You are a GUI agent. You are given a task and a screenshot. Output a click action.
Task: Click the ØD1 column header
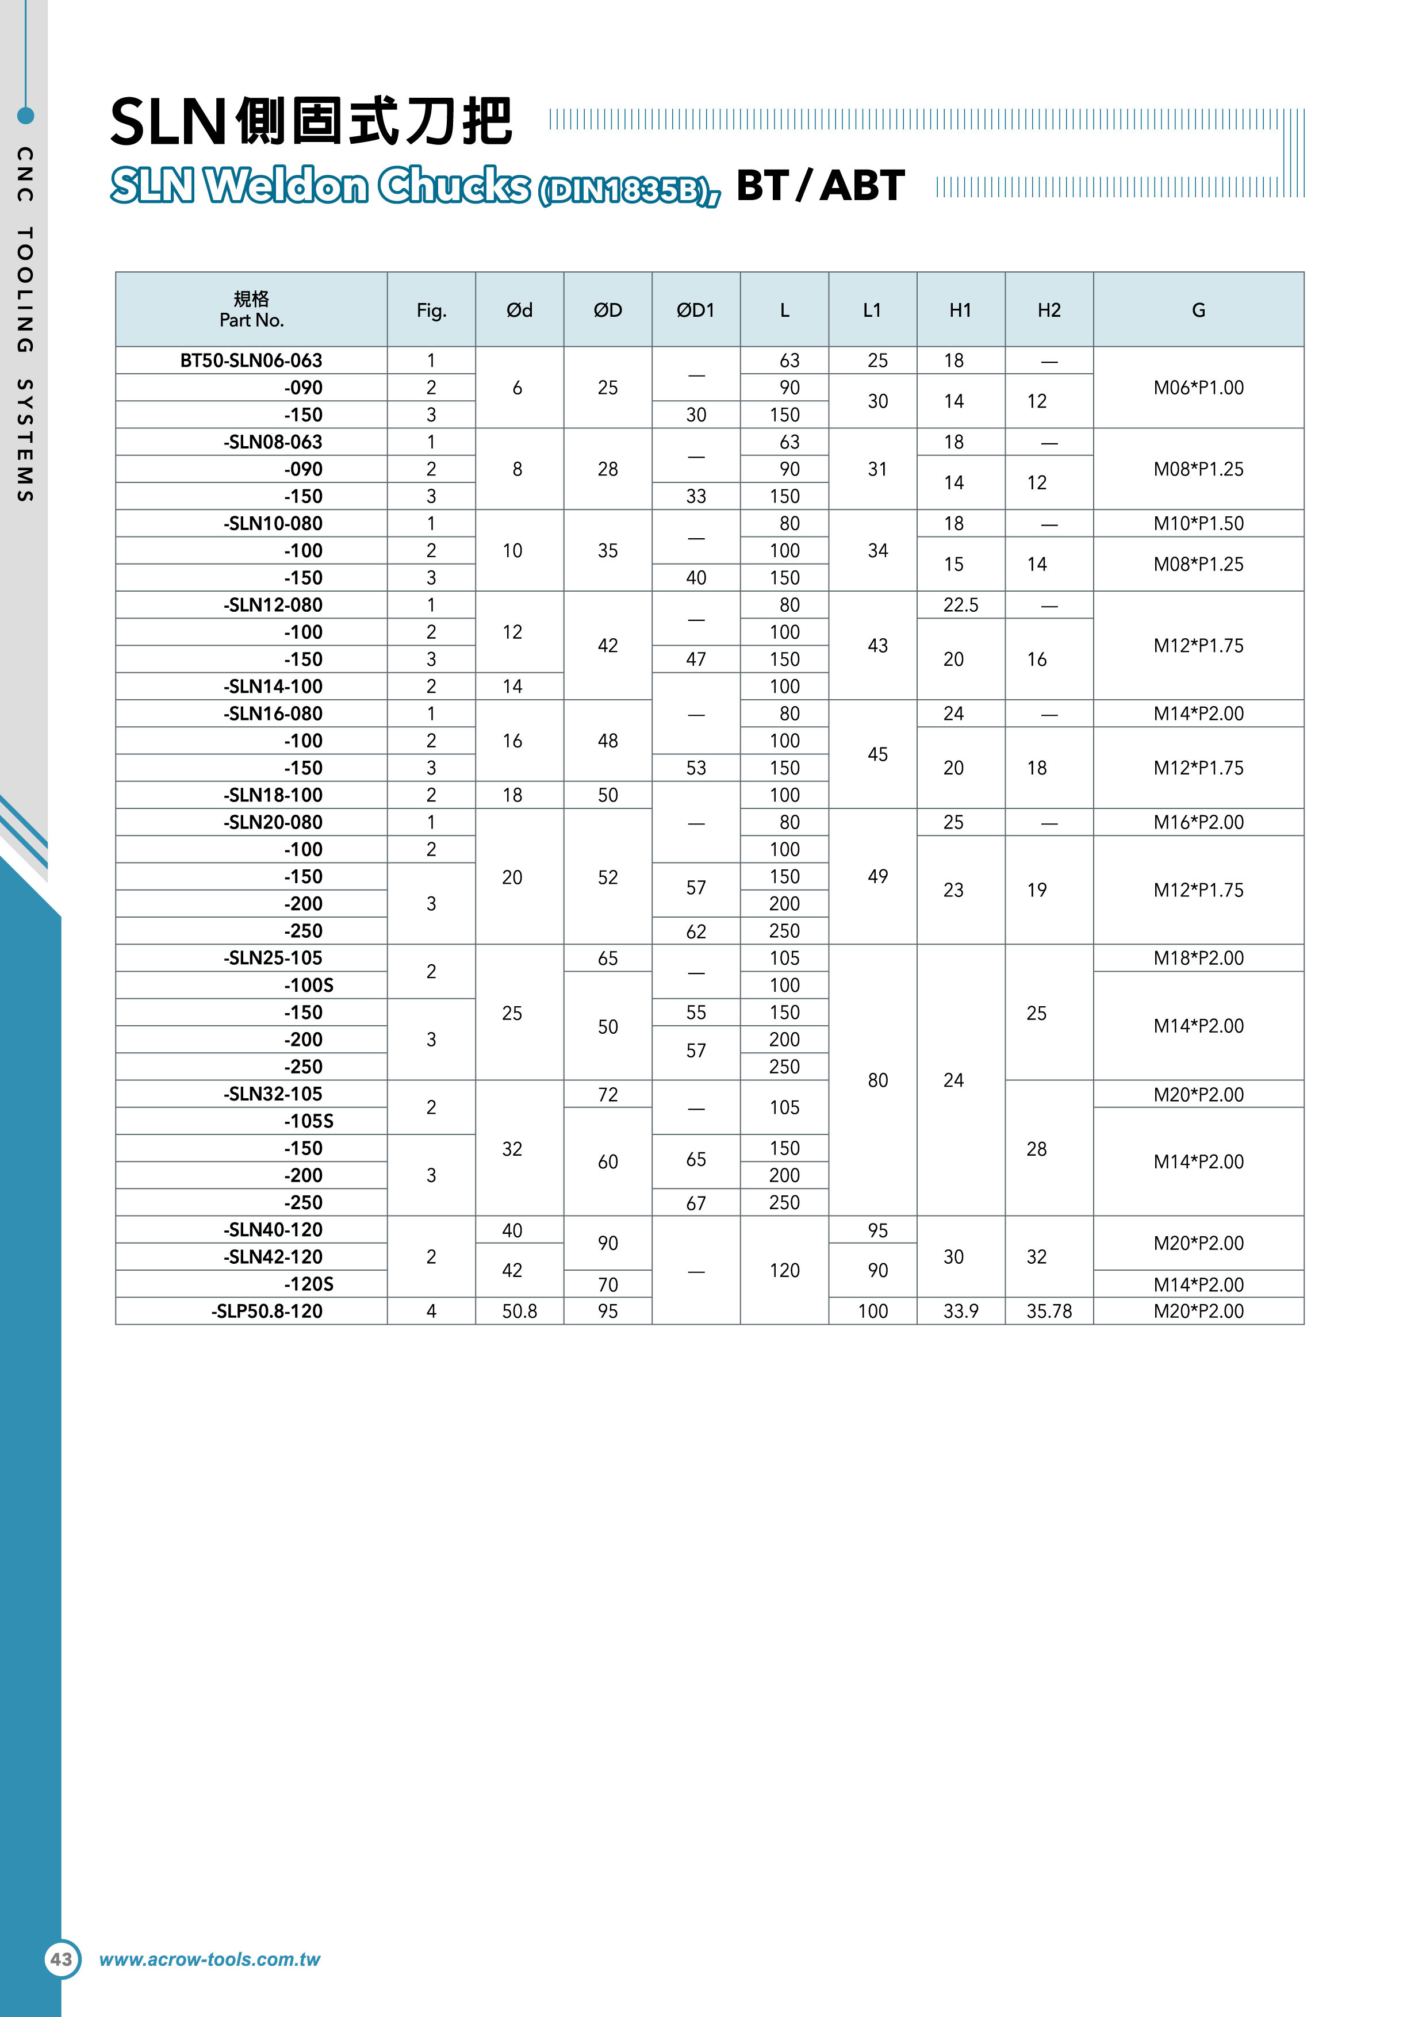coord(695,310)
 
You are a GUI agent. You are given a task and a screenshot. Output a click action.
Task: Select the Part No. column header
coord(251,310)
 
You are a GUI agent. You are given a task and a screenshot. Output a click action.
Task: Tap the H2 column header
coord(1048,310)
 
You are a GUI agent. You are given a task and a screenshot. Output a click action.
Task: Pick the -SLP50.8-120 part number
coord(266,1311)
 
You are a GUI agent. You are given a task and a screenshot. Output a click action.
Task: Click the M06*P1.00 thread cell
coord(1198,388)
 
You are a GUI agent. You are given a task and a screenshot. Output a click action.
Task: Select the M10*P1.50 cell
coord(1198,524)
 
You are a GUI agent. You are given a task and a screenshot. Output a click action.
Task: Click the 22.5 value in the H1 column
coord(960,605)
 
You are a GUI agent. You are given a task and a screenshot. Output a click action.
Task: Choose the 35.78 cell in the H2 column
coord(1048,1311)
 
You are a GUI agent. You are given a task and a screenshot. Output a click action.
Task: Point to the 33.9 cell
coord(960,1311)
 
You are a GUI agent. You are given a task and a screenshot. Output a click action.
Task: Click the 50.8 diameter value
coord(519,1311)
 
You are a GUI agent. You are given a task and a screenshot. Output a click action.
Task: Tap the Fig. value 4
coord(431,1311)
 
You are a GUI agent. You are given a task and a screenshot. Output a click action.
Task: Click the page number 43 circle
coord(62,1959)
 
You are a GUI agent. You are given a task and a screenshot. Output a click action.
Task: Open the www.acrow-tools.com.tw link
coord(209,1959)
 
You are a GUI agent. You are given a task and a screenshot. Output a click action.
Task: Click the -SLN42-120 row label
coord(273,1256)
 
